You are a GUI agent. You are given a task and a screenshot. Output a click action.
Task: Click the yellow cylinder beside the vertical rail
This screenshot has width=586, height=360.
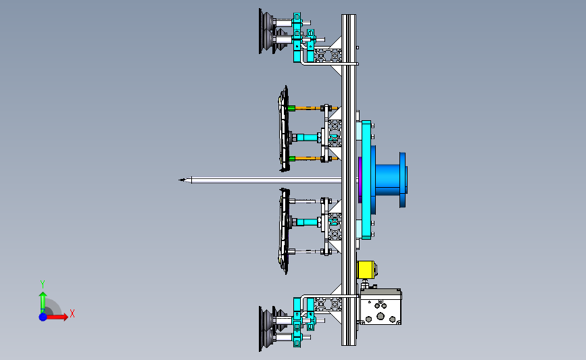click(366, 269)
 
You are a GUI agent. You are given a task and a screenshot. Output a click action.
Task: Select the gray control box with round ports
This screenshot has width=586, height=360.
click(381, 307)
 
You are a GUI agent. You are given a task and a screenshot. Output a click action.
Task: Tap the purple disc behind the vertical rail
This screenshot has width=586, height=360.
click(360, 180)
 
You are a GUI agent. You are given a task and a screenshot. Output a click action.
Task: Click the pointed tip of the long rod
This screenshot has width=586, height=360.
click(179, 180)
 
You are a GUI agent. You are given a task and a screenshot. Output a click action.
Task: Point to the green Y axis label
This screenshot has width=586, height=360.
click(42, 284)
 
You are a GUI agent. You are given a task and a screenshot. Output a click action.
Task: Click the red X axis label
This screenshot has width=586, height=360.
click(72, 313)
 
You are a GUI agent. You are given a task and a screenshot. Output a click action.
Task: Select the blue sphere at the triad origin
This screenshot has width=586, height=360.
click(43, 317)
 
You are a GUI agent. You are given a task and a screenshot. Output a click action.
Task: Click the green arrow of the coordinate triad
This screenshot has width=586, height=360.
click(43, 303)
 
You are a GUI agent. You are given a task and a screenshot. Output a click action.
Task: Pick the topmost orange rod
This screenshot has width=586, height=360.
click(313, 108)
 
